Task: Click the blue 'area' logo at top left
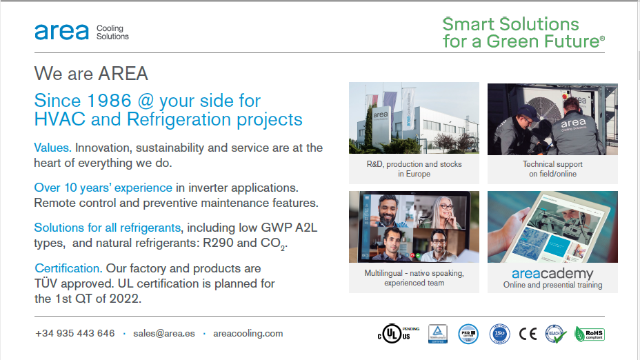61,32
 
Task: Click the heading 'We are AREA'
91,73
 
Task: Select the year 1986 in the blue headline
110,101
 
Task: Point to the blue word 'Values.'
52,148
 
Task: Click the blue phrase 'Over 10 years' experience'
103,188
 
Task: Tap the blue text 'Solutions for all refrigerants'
108,228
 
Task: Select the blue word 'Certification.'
68,268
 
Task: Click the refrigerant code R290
217,243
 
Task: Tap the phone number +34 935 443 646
74,333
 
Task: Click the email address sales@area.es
164,333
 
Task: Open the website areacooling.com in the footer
248,333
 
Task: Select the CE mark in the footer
528,334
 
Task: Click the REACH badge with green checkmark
555,334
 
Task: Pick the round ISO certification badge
499,334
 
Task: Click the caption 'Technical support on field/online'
552,169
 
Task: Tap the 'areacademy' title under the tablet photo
552,274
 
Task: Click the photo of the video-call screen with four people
414,227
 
